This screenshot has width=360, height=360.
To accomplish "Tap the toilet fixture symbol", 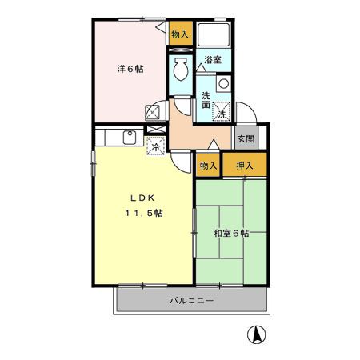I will click(x=181, y=70).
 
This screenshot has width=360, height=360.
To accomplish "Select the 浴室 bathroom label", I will click(x=212, y=61).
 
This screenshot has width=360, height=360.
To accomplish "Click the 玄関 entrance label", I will click(x=245, y=138).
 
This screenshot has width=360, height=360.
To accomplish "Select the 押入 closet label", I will click(x=244, y=166).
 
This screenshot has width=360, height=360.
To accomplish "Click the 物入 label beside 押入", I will click(x=208, y=166).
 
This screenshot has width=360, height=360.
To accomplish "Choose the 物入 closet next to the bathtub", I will click(x=180, y=34).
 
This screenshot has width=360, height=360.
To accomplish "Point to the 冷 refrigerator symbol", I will click(x=157, y=145).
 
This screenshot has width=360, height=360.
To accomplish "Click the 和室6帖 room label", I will click(x=230, y=234).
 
